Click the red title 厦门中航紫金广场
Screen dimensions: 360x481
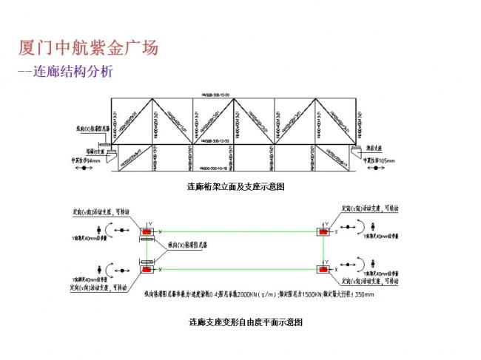pyautogui.click(x=88, y=49)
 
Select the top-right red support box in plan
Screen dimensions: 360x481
pyautogui.click(x=323, y=232)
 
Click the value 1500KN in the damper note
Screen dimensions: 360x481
pyautogui.click(x=309, y=293)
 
